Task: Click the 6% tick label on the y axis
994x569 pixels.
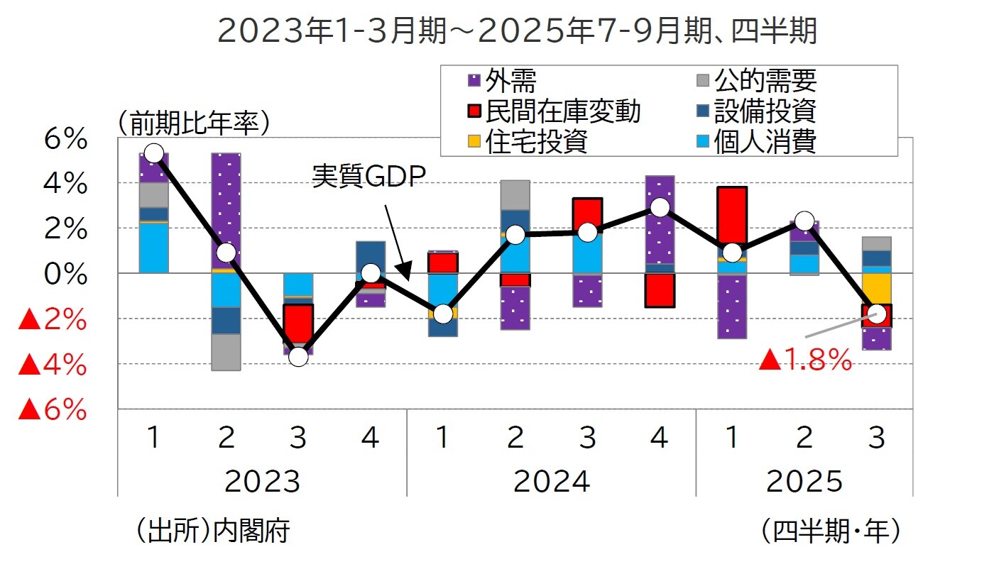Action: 65,140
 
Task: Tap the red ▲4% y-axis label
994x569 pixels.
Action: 53,365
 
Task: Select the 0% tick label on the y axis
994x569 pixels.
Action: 65,274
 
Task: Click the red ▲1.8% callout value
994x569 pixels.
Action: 805,361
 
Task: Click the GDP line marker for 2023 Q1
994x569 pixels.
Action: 153,153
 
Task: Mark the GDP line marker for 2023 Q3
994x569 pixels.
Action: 298,356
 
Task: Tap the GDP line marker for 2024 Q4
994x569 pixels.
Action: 660,207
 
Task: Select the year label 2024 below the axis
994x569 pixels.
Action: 551,482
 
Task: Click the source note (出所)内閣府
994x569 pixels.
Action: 211,530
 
